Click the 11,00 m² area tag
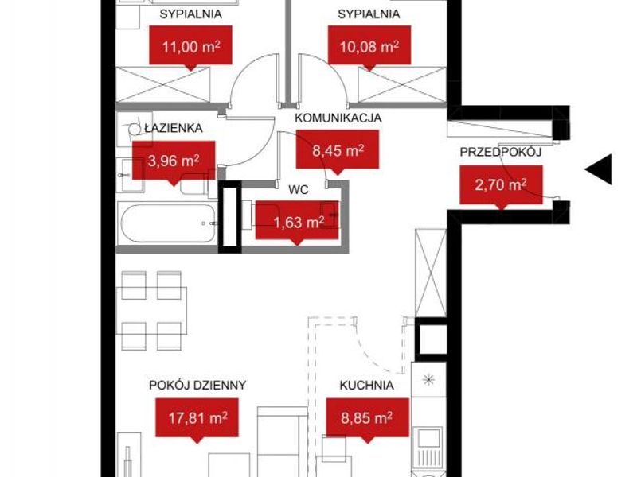tap(190, 48)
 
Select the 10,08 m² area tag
tap(369, 48)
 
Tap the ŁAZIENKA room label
tap(174, 128)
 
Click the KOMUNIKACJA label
tap(338, 118)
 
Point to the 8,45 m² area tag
tap(338, 152)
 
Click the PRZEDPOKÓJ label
tap(501, 152)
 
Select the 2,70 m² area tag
tap(502, 187)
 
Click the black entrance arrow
tap(598, 169)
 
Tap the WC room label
tap(298, 189)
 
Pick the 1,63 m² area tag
tap(297, 223)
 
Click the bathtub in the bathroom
tap(167, 223)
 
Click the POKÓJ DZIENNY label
tap(197, 385)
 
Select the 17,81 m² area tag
tap(197, 420)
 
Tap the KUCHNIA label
tap(366, 385)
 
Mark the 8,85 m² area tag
tap(368, 420)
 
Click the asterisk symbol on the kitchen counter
tap(428, 380)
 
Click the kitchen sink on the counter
tap(429, 444)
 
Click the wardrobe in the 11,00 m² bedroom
tap(163, 85)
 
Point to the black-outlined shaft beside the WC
tap(230, 217)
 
